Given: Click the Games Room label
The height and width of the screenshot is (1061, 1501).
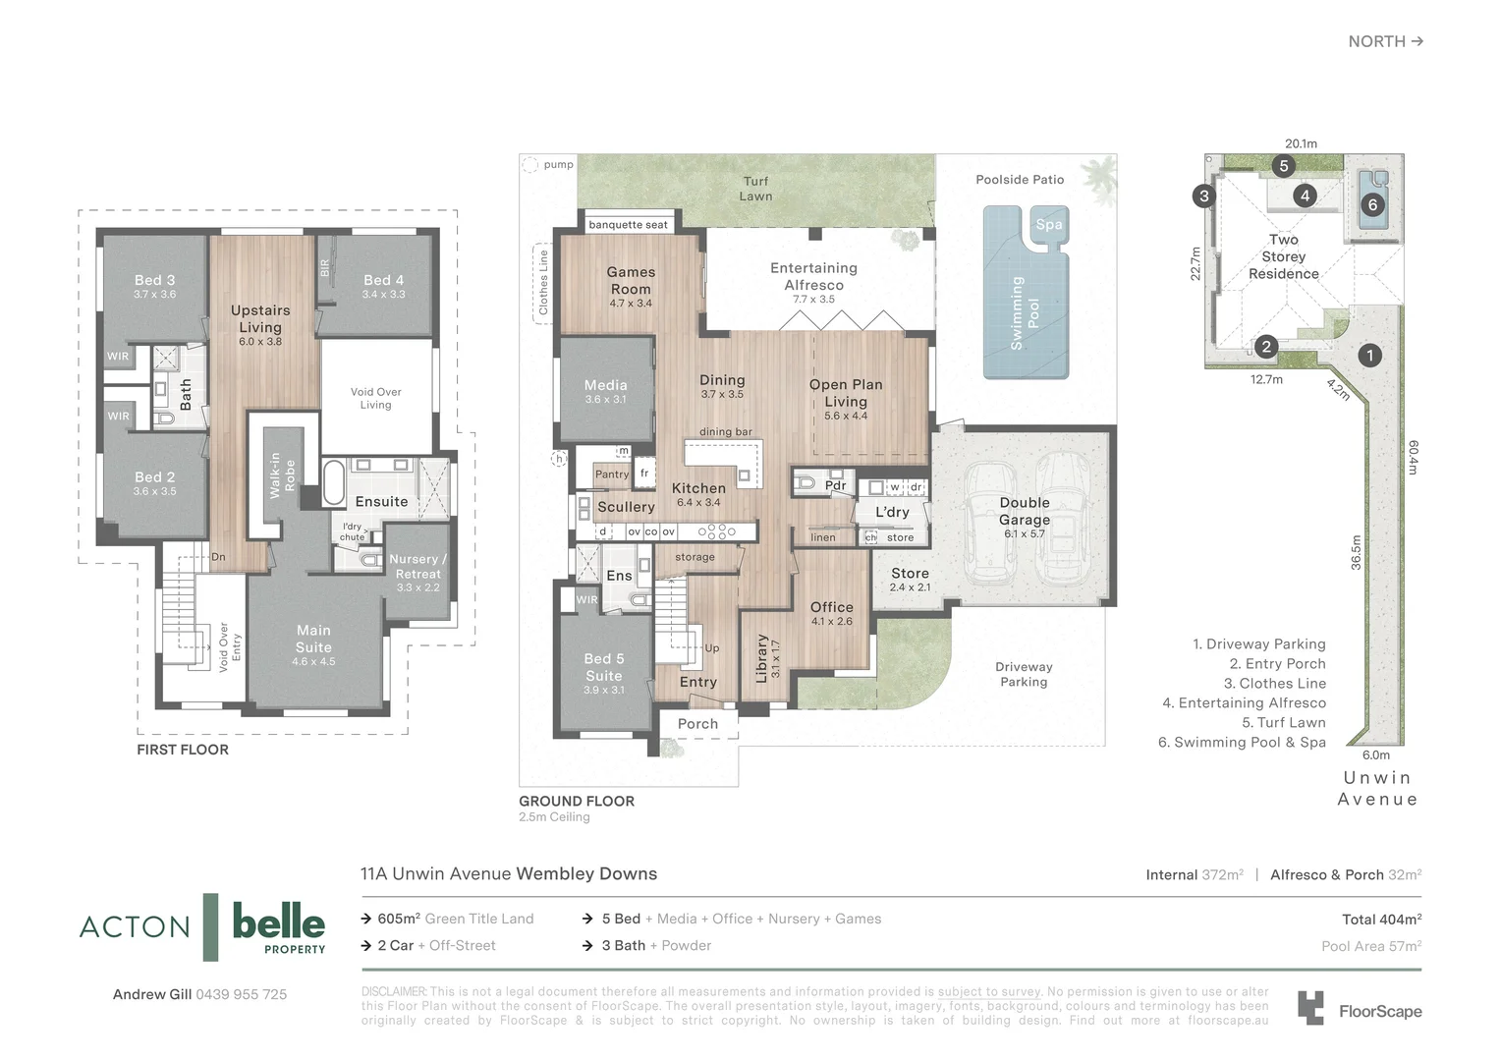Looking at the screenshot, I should [631, 281].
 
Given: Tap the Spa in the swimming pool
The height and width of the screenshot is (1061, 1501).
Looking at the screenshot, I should [1048, 225].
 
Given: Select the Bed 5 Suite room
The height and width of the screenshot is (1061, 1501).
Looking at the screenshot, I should [603, 667].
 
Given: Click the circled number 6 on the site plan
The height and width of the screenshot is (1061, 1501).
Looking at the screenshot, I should [1372, 205].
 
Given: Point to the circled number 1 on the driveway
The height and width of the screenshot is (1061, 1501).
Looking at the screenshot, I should [1369, 356].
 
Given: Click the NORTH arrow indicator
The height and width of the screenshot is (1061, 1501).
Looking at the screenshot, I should [1385, 41].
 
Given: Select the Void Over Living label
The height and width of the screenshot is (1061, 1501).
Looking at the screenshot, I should [375, 398].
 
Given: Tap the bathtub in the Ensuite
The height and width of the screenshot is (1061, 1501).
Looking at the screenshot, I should [334, 480].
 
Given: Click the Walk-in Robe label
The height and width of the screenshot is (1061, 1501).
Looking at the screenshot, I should [282, 475].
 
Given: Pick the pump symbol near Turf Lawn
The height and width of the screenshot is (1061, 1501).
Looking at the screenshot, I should [530, 165].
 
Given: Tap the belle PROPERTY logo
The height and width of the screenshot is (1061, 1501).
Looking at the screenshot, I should [278, 926].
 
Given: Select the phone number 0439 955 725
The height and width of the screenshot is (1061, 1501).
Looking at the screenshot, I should [242, 994].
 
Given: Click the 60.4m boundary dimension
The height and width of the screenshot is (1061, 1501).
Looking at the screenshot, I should [1413, 457].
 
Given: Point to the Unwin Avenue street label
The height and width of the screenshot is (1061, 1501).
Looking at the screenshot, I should [1377, 788].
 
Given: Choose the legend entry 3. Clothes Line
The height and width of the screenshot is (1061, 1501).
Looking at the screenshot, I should [1274, 684].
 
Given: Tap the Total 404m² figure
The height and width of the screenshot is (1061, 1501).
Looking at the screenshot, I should [1381, 920].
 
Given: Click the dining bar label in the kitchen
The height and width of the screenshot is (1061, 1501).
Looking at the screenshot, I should [725, 432].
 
